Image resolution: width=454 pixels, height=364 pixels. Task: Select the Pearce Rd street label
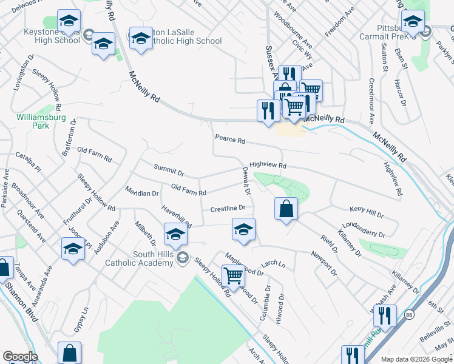[x=230, y=140]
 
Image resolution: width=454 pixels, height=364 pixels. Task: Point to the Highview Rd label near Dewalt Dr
[x=268, y=164]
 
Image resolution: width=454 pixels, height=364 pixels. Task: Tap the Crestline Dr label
[x=228, y=209]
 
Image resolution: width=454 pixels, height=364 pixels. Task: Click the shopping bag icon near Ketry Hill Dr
[x=286, y=209]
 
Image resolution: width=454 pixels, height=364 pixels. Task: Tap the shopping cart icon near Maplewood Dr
[x=233, y=276]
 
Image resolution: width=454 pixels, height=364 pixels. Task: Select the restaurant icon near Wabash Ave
[x=384, y=316]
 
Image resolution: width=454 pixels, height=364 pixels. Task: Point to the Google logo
[x=19, y=356]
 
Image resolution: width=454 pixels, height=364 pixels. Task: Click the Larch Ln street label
[x=273, y=265]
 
